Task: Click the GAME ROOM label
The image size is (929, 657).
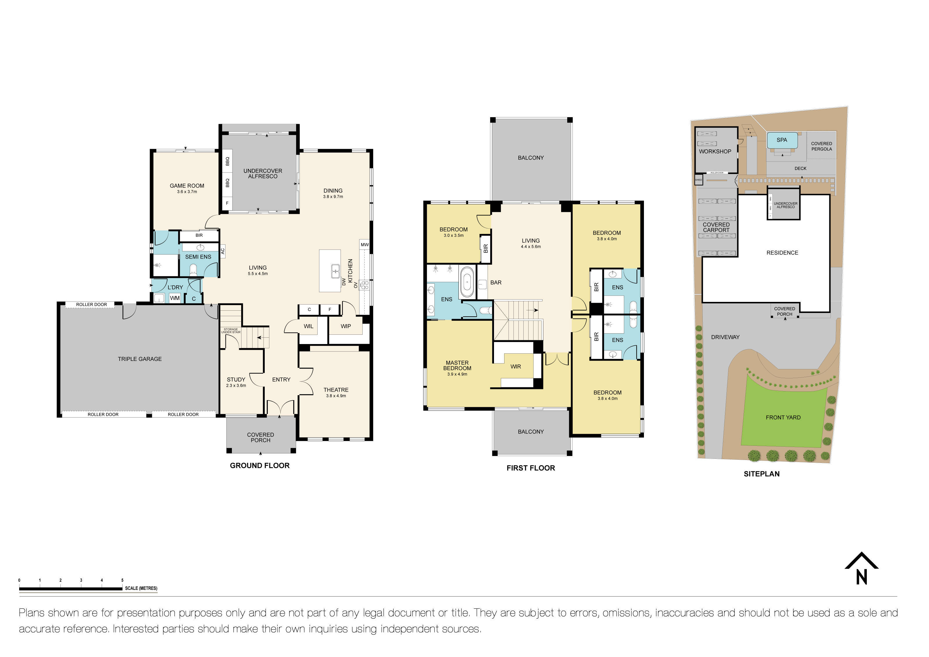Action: (187, 186)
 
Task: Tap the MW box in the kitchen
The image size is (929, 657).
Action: (365, 245)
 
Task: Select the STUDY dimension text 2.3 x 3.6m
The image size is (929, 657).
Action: (236, 386)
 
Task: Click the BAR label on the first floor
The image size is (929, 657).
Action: (496, 282)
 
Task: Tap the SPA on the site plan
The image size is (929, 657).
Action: (782, 140)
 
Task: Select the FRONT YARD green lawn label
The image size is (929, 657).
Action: (783, 418)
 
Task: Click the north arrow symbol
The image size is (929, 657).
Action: (861, 569)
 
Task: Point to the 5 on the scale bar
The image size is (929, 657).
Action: (122, 580)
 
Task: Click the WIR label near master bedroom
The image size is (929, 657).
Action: (515, 366)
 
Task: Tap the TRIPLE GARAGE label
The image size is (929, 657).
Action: (139, 359)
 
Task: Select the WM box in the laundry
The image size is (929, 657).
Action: (175, 298)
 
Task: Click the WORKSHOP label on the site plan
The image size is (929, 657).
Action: (715, 151)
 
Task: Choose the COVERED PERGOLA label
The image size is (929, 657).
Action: (821, 146)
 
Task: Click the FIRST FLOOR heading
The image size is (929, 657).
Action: (530, 468)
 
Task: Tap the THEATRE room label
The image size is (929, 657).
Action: (336, 390)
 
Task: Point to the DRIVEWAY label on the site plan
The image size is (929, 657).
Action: (725, 337)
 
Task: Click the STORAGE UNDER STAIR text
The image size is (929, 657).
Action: (231, 330)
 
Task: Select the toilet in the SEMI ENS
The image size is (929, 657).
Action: (194, 270)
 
